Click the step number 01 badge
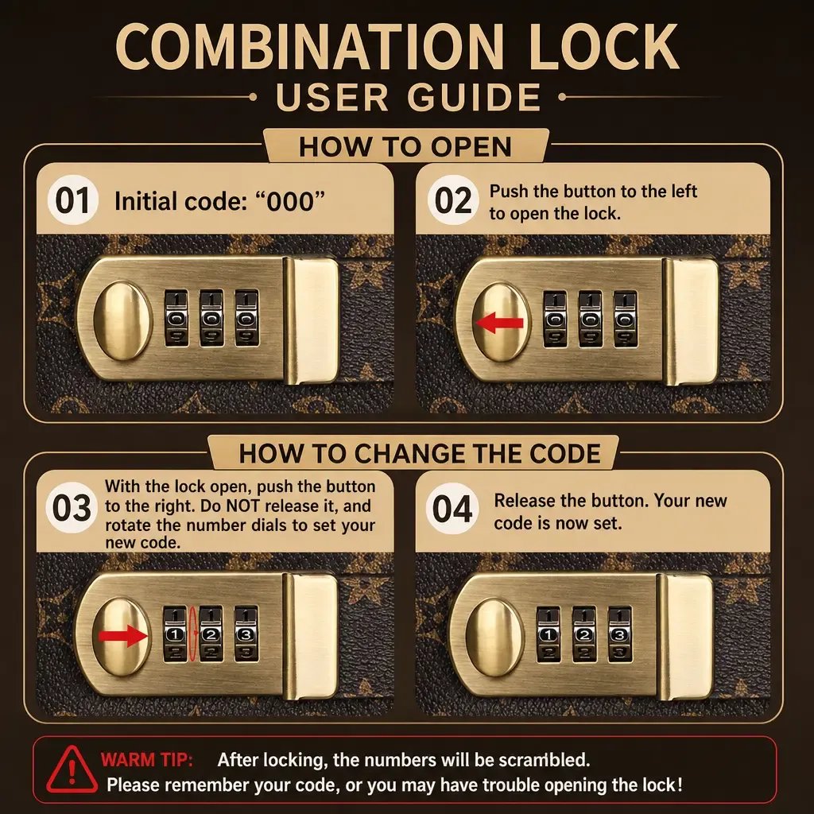point(72,201)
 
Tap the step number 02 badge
point(452,201)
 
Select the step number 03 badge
point(71,508)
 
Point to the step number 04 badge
point(452,509)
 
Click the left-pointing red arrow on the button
point(499,323)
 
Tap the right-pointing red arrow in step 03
point(123,635)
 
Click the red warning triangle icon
point(72,769)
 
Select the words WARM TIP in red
point(147,760)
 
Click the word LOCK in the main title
point(604,46)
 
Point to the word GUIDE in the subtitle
point(474,97)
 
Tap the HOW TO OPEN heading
point(405,146)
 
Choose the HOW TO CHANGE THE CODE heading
point(420,453)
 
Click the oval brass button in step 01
point(123,321)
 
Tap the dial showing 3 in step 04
point(619,634)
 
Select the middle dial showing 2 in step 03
point(211,634)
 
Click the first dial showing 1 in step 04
point(548,634)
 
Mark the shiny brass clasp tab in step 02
point(691,322)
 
